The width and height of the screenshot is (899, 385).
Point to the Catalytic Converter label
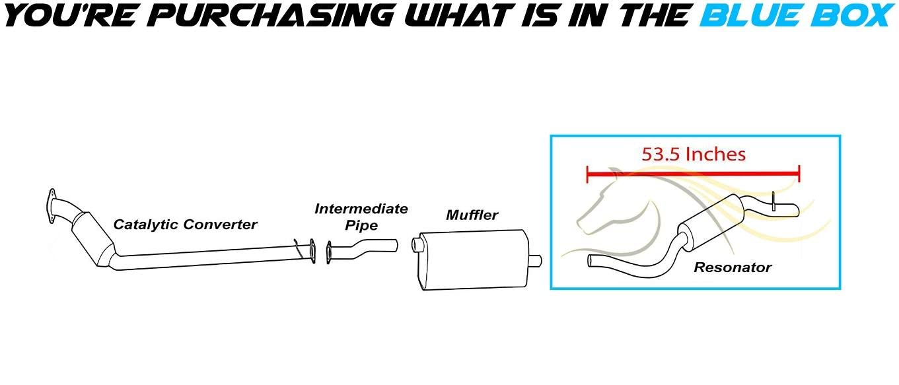[185, 224]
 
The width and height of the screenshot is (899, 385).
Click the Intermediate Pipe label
[361, 217]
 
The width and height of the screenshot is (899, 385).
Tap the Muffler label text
[472, 215]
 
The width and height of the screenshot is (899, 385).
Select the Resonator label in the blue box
[733, 267]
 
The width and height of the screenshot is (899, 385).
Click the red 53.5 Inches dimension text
[694, 155]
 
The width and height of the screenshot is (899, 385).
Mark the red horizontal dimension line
[693, 174]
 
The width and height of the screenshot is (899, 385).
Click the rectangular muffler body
[474, 260]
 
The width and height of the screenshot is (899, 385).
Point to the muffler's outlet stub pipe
[536, 261]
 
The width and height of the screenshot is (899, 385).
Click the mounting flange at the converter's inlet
[52, 205]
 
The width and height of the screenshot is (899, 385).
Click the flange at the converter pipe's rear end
[312, 251]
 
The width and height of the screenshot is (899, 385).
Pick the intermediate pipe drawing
[362, 251]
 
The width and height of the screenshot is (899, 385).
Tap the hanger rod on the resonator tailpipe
[773, 201]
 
